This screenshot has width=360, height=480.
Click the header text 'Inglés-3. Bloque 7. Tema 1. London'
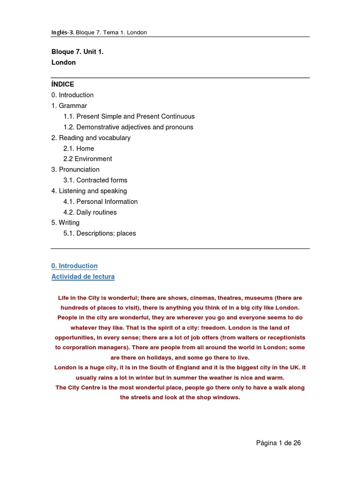[99, 32]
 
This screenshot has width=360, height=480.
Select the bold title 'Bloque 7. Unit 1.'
[77, 52]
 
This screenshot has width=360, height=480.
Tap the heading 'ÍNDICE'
[63, 84]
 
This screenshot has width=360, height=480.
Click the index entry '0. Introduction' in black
[73, 95]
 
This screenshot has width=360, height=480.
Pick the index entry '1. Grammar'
[69, 106]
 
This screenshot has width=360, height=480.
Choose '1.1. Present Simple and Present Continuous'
[129, 116]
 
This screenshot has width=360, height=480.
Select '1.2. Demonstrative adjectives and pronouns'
[128, 127]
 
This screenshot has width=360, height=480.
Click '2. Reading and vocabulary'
[91, 138]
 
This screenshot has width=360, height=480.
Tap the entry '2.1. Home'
[79, 149]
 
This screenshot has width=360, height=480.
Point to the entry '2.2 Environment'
[88, 159]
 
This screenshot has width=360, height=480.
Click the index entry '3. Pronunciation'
[75, 170]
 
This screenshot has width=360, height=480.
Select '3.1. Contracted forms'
[95, 180]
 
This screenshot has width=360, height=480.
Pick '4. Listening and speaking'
[89, 191]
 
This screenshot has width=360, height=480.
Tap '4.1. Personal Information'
[100, 202]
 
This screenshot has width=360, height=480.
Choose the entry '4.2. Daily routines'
[90, 212]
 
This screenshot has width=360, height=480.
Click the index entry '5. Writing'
[66, 223]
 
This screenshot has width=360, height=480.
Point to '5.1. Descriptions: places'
[99, 233]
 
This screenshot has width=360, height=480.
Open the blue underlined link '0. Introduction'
[75, 266]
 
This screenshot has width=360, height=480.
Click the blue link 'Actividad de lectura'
[83, 277]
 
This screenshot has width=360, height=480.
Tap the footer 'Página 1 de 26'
[278, 443]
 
